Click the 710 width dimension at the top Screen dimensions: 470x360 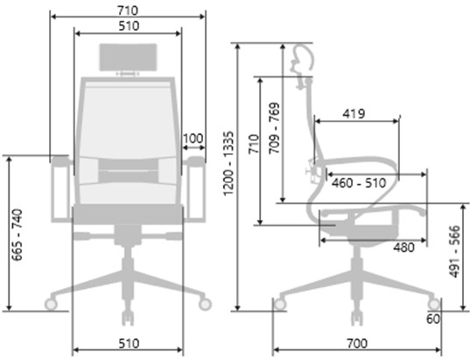click(128, 11)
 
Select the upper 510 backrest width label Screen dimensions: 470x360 click(129, 26)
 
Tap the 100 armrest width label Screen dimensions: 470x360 click(193, 138)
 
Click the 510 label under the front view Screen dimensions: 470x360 click(129, 343)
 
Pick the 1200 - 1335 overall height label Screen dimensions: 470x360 click(228, 163)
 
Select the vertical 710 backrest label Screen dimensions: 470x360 click(254, 144)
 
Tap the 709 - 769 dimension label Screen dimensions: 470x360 click(274, 129)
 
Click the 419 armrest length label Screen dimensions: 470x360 click(354, 114)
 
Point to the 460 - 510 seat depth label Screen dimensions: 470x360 click(359, 183)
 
